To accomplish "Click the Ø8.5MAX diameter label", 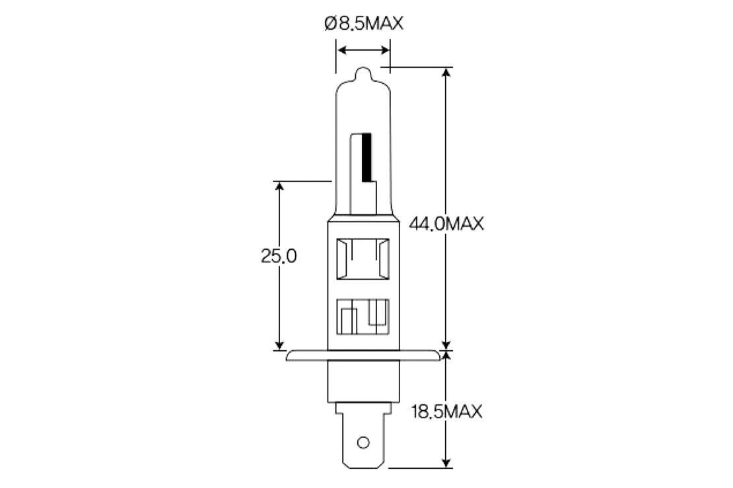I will click(x=363, y=24).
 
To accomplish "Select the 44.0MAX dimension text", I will click(x=446, y=224).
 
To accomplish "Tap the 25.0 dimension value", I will click(x=279, y=257).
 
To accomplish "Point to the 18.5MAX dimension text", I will click(x=446, y=412).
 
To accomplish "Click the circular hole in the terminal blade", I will click(x=363, y=442).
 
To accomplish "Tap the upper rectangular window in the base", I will click(x=362, y=259).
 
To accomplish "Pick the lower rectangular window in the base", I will click(x=362, y=319).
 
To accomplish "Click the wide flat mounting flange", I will click(x=363, y=356).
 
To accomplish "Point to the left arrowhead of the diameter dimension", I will click(x=341, y=49).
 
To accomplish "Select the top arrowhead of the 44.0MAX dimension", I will click(x=447, y=73).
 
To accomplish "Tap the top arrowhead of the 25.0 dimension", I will click(x=279, y=187).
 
